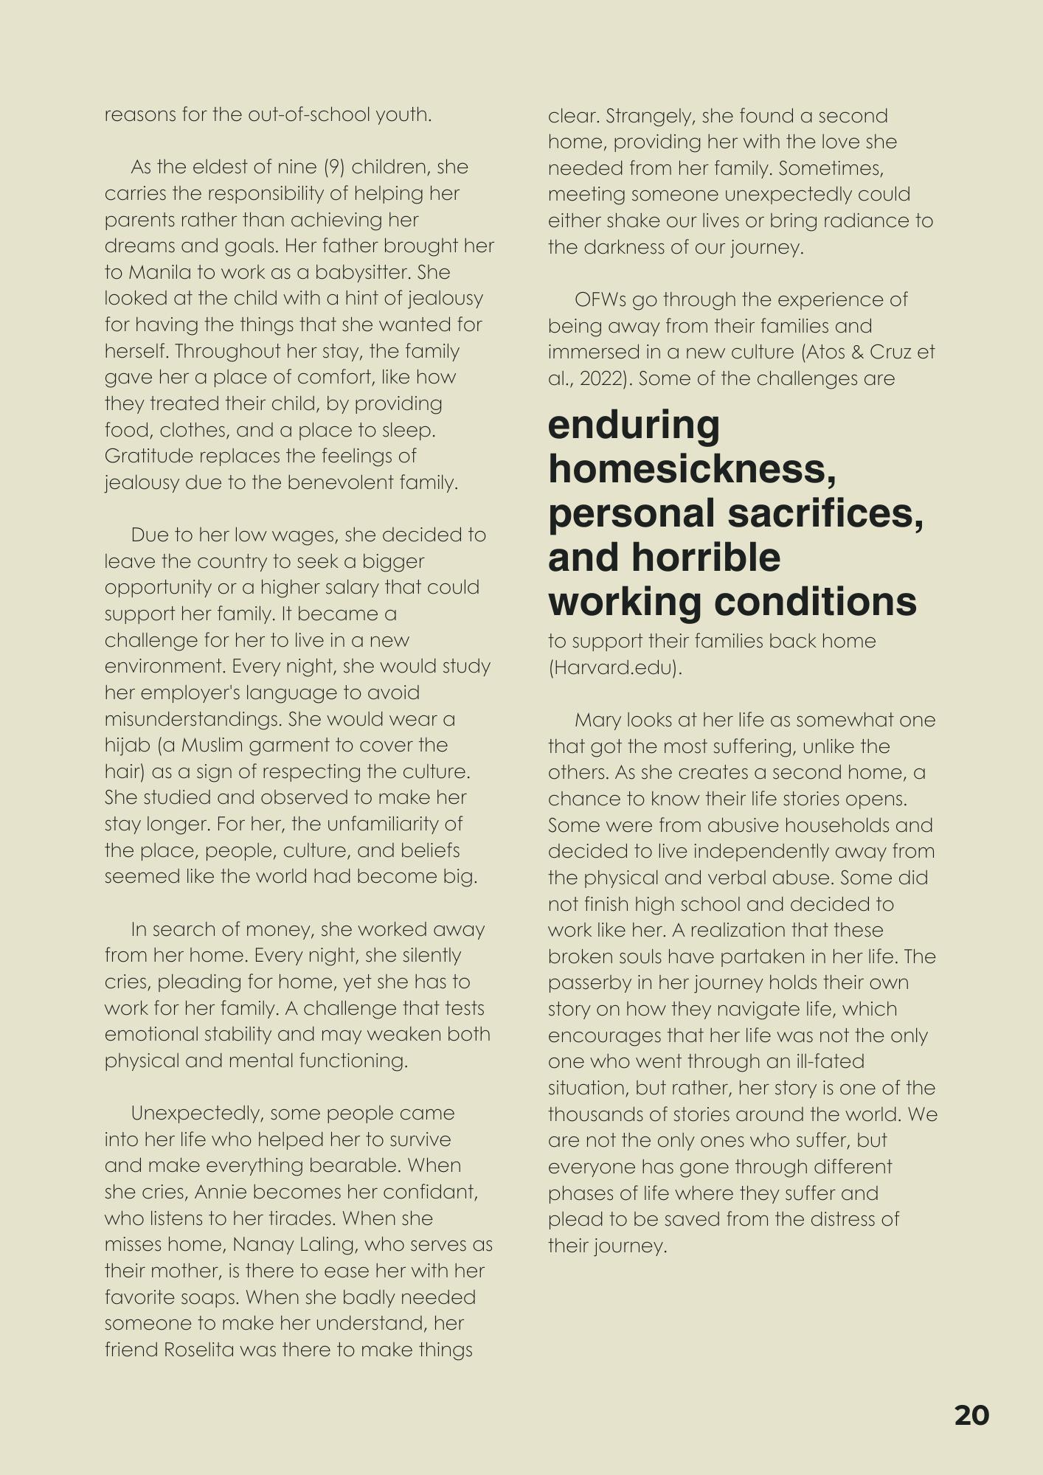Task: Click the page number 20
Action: (x=971, y=1415)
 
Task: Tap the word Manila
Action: (x=161, y=272)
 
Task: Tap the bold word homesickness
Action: (x=692, y=469)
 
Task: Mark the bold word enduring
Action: (x=634, y=426)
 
